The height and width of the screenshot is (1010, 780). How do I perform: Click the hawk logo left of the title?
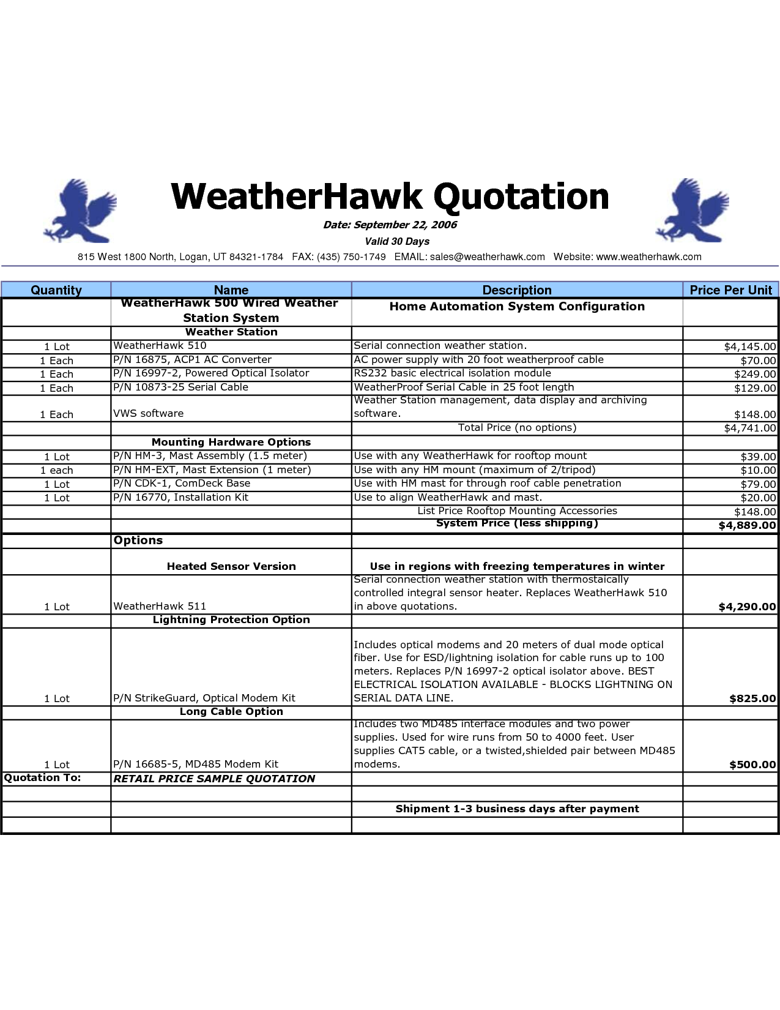tap(81, 211)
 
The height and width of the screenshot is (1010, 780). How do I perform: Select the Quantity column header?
tap(56, 290)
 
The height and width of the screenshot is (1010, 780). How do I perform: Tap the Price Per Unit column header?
tap(730, 290)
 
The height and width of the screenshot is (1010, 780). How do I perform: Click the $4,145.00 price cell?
tap(750, 346)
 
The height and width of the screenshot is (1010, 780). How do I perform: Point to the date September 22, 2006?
tap(390, 225)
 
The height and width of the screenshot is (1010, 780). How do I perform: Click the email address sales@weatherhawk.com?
tap(487, 257)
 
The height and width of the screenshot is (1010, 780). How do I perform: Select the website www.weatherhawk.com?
tap(648, 257)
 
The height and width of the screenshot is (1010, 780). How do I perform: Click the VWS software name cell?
tap(149, 414)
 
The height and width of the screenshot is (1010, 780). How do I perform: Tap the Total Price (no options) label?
tap(517, 428)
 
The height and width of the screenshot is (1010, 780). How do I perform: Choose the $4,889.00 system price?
tap(747, 525)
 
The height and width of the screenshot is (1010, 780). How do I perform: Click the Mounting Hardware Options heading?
tap(231, 442)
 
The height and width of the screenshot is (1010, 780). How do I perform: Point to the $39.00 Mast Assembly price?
tap(758, 457)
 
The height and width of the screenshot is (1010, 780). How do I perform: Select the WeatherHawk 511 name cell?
tap(160, 606)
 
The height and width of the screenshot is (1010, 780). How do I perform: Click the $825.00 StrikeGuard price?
tap(752, 698)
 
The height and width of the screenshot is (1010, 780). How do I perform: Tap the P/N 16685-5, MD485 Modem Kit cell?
tap(196, 764)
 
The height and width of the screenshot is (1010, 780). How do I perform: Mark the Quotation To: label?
tap(43, 778)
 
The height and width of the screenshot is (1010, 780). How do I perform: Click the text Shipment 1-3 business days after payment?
tap(517, 809)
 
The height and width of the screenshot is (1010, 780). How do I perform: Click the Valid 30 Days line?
tap(397, 241)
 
